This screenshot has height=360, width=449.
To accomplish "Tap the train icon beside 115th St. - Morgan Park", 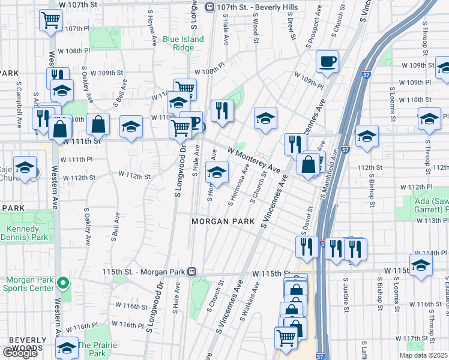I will tap(191, 272).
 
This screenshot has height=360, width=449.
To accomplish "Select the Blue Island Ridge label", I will tap(184, 43).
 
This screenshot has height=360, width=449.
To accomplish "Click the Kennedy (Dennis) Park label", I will tap(26, 233).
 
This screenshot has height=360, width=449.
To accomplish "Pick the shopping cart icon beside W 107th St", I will tap(51, 20).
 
